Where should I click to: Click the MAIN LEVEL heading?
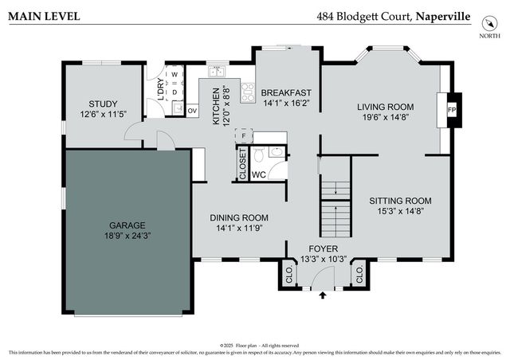(x=43, y=15)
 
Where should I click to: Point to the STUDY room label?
(x=104, y=104)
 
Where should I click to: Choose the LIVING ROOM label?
(x=385, y=107)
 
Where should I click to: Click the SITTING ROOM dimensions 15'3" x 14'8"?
(x=404, y=212)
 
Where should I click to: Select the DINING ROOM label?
(x=239, y=217)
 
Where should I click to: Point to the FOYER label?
(x=324, y=248)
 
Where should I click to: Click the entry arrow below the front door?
(x=323, y=295)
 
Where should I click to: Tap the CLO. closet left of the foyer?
(x=287, y=276)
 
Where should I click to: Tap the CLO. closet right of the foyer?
(x=359, y=276)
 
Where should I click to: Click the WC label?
(x=258, y=174)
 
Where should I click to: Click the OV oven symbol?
(x=192, y=110)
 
